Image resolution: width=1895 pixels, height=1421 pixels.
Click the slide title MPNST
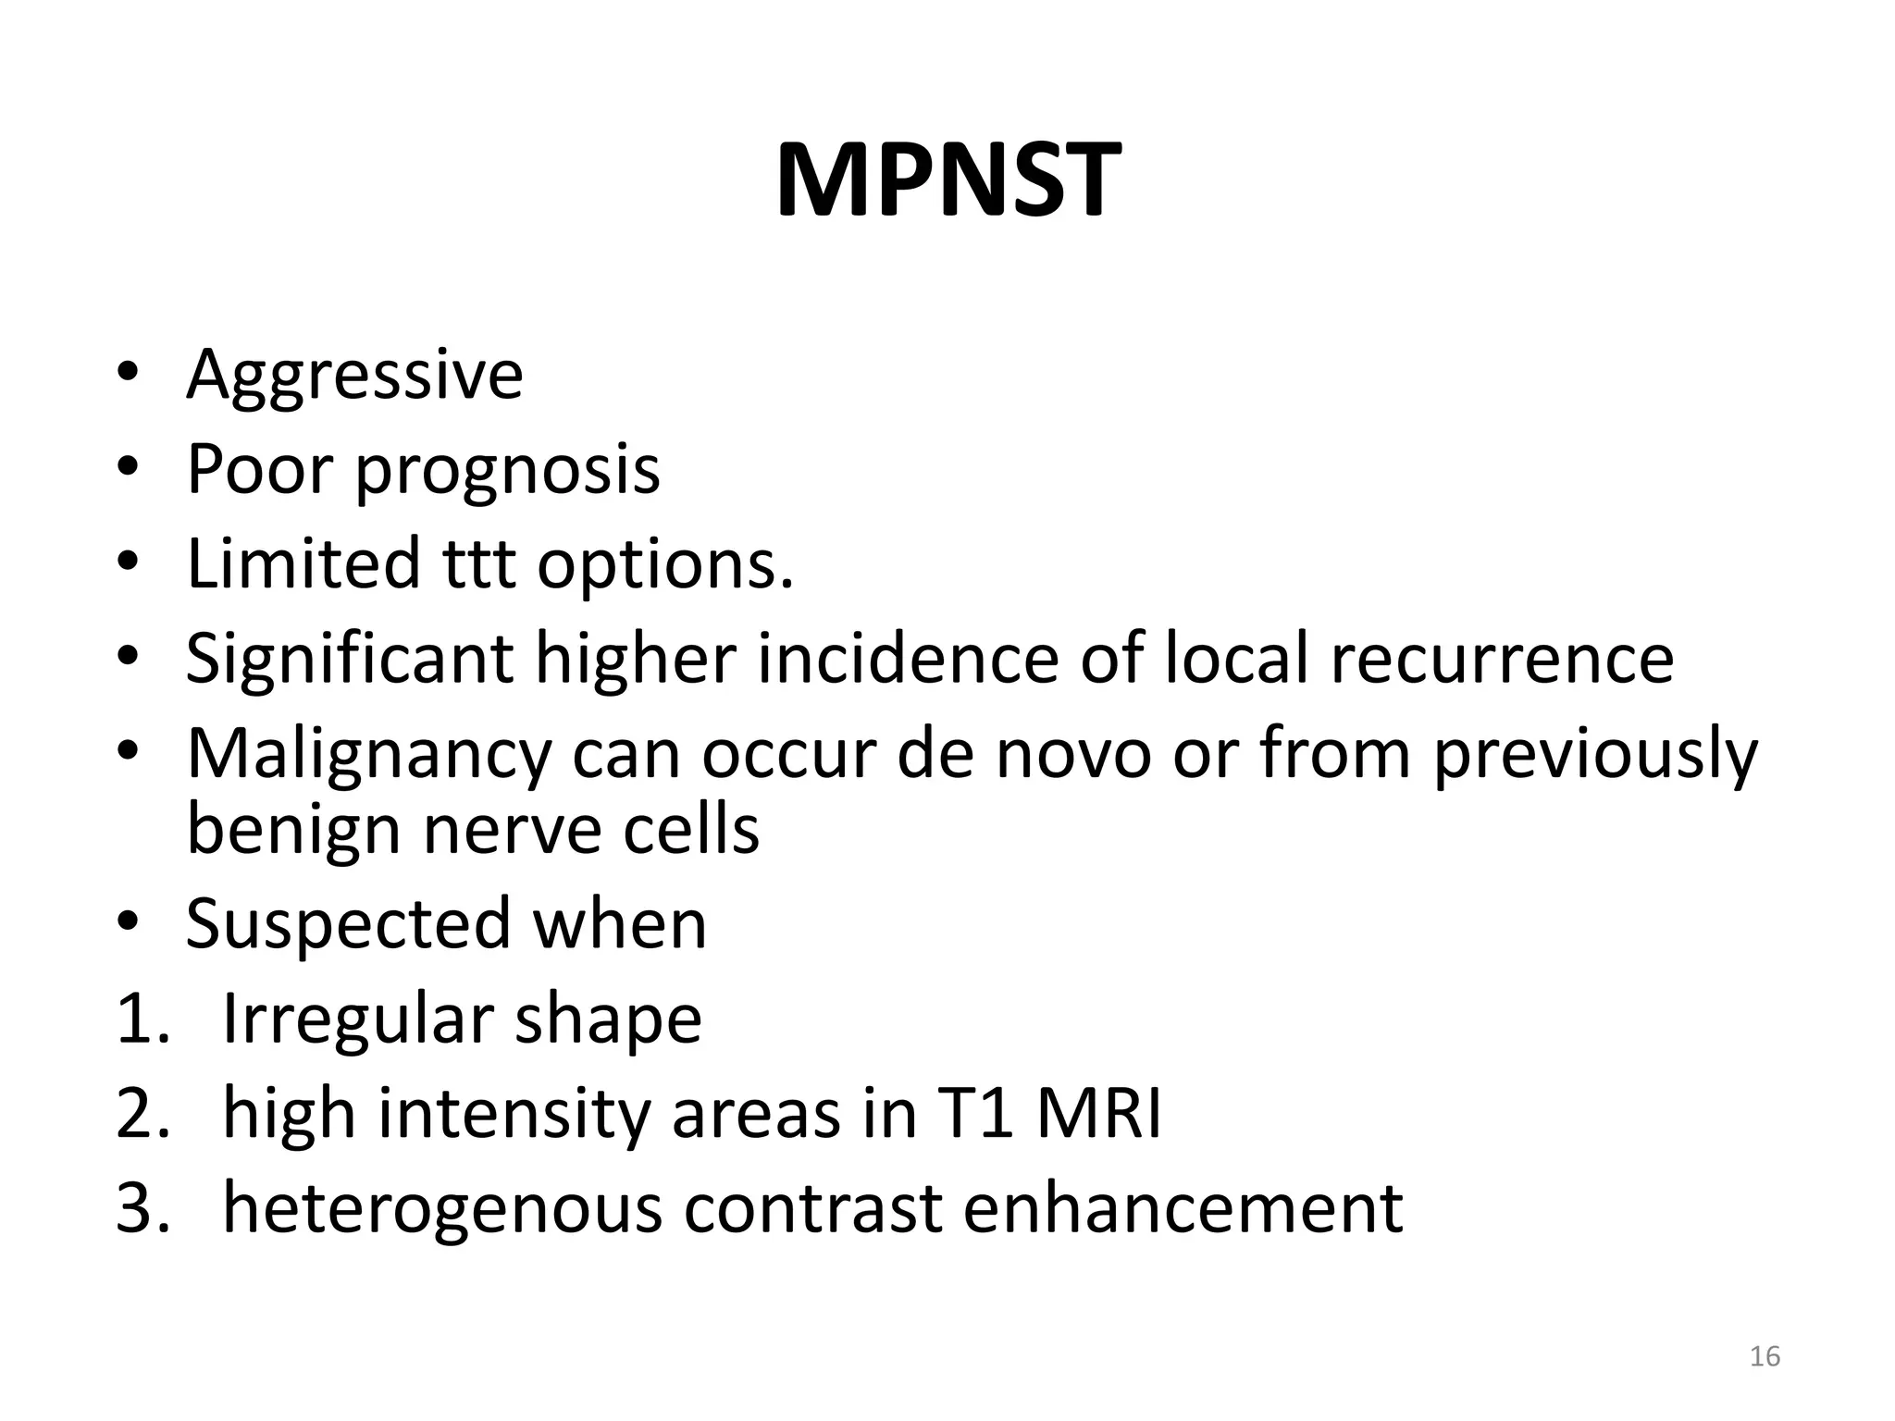coord(947,179)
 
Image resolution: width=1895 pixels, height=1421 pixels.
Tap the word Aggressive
coord(354,374)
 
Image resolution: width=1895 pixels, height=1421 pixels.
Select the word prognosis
coord(508,470)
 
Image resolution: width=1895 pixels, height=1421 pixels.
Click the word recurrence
coord(1502,658)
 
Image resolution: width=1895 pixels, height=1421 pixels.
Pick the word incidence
coord(907,658)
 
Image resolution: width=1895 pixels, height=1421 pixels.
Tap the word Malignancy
coord(368,755)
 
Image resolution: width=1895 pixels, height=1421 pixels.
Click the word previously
coord(1594,755)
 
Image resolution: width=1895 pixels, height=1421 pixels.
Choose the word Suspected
coord(348,923)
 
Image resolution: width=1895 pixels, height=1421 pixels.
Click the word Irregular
coord(357,1019)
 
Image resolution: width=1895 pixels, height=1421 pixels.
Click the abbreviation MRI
coord(1098,1114)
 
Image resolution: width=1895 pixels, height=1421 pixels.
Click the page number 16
coord(1765,1356)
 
